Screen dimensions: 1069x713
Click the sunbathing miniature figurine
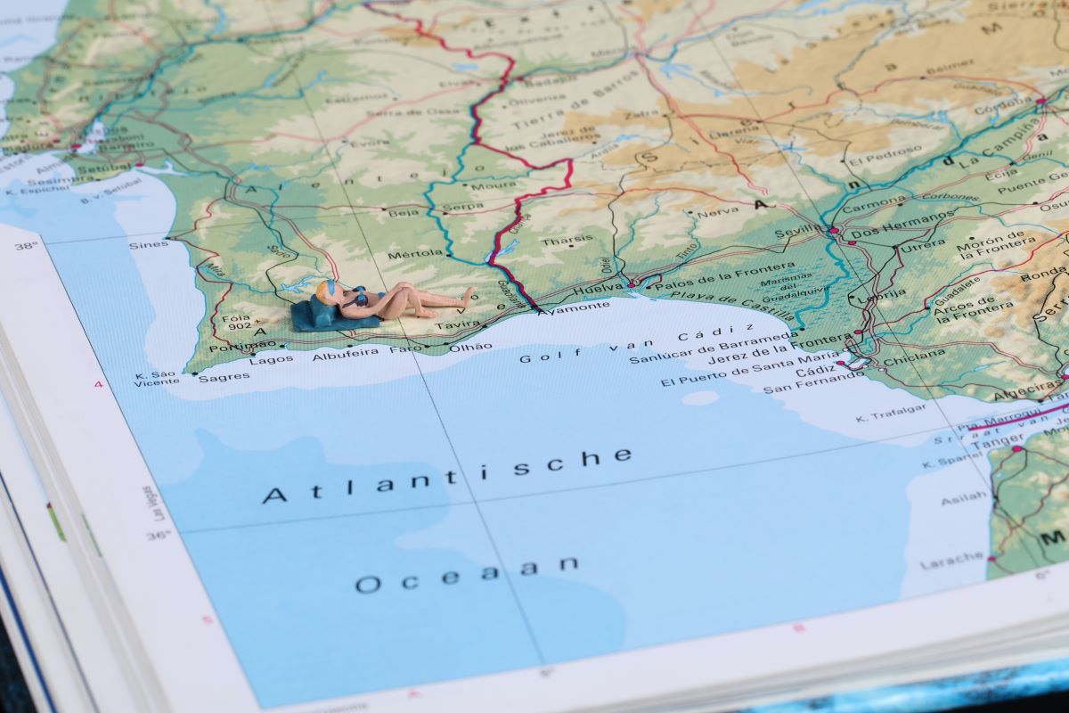tap(392, 301)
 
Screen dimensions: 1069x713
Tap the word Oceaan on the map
tap(467, 573)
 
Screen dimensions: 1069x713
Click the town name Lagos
tap(271, 360)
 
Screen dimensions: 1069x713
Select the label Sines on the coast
tap(148, 244)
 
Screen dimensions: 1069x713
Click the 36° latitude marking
tap(158, 536)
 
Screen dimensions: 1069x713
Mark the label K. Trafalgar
tap(890, 413)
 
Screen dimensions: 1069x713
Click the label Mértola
tap(415, 254)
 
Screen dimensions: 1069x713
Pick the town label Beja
tap(404, 212)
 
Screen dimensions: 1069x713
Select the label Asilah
tap(964, 497)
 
